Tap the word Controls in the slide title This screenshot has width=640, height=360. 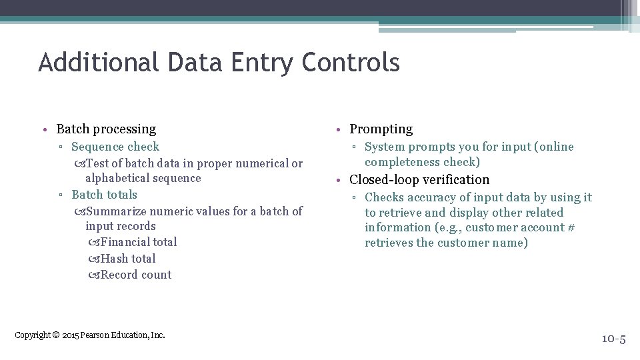pyautogui.click(x=350, y=63)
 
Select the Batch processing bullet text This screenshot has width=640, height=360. pyautogui.click(x=106, y=129)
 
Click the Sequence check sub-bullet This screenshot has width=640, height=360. pyautogui.click(x=115, y=147)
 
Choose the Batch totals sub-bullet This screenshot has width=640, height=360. pyautogui.click(x=104, y=195)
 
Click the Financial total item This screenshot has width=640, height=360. pyautogui.click(x=139, y=242)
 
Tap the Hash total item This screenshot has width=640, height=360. pyautogui.click(x=128, y=259)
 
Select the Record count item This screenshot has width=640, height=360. pyautogui.click(x=136, y=275)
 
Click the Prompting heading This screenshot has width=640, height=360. pyautogui.click(x=381, y=129)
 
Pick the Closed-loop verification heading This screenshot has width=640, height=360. pyautogui.click(x=419, y=179)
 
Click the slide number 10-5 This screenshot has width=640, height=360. pyautogui.click(x=613, y=339)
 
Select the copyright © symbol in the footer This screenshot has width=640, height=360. pyautogui.click(x=56, y=335)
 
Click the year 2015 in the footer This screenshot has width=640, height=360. pyautogui.click(x=70, y=335)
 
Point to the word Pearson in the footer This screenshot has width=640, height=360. pyautogui.click(x=95, y=335)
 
